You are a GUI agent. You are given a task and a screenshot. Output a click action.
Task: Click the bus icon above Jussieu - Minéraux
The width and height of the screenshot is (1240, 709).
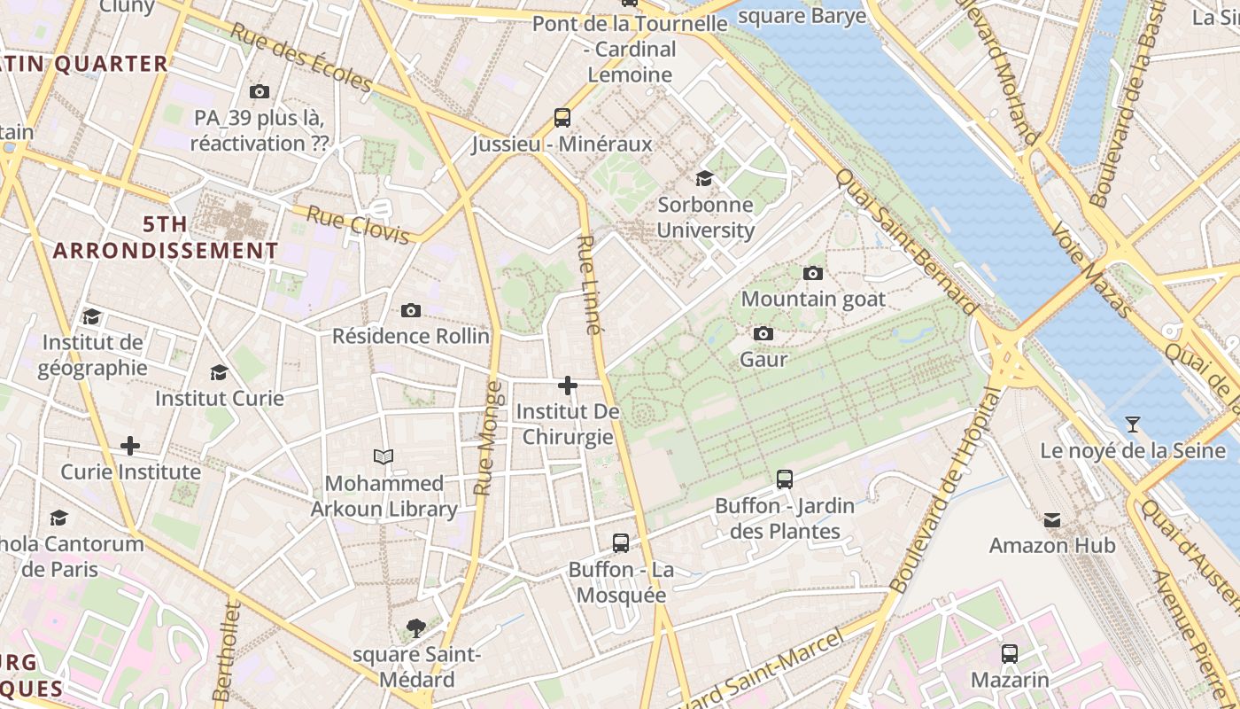pos(562,117)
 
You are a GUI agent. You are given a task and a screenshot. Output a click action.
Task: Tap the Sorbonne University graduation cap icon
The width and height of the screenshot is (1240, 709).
pos(705,178)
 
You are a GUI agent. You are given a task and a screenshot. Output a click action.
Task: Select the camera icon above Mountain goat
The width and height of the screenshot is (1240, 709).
pos(812,273)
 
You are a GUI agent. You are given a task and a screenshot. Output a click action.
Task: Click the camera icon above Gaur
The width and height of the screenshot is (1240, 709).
pos(763,333)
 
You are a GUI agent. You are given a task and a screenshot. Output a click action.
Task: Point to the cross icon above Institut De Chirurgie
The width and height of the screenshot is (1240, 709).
pos(568,386)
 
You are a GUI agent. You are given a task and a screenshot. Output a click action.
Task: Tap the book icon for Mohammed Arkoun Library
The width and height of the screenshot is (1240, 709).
pos(383,456)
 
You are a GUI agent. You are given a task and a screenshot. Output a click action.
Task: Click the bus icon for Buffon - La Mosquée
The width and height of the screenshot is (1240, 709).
pos(621,542)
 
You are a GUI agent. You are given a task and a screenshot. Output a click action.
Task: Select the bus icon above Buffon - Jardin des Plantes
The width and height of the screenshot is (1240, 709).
pos(784,479)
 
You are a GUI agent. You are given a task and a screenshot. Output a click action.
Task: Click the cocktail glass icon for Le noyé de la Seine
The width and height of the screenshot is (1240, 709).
pos(1132,424)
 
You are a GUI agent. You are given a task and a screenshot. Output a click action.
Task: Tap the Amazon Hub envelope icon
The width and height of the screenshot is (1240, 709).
pos(1052,519)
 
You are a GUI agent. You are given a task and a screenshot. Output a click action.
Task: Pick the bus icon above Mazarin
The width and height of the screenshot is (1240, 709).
pos(1009,654)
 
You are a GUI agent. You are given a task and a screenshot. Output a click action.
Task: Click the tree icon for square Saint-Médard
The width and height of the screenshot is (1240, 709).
pos(415,628)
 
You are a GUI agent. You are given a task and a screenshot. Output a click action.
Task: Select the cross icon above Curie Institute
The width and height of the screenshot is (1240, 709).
pos(130,445)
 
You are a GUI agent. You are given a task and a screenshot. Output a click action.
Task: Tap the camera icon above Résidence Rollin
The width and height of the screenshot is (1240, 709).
pos(410,310)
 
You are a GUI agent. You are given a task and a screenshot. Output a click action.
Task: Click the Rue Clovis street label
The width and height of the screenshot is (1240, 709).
pos(358,224)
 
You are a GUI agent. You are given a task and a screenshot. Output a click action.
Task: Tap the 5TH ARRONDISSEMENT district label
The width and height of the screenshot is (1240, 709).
pos(166,238)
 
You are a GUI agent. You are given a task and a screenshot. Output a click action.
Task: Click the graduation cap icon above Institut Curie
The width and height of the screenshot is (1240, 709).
pos(219,372)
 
